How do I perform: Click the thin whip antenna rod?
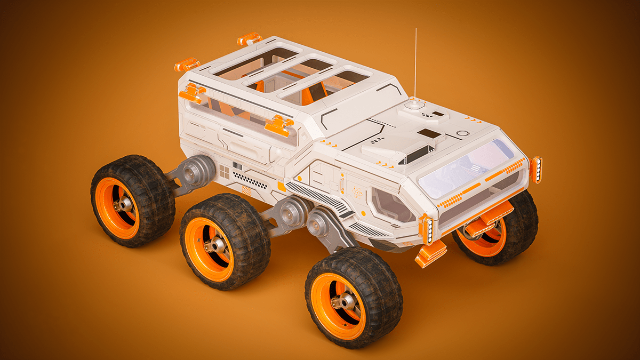[x=415, y=64]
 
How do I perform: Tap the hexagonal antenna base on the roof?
[x=415, y=105]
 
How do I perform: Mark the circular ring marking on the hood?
[x=462, y=133]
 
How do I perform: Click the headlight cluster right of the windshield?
[x=535, y=170]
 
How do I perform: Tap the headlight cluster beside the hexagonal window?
[x=427, y=229]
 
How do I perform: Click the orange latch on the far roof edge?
[x=250, y=39]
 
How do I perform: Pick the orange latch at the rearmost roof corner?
[x=187, y=65]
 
